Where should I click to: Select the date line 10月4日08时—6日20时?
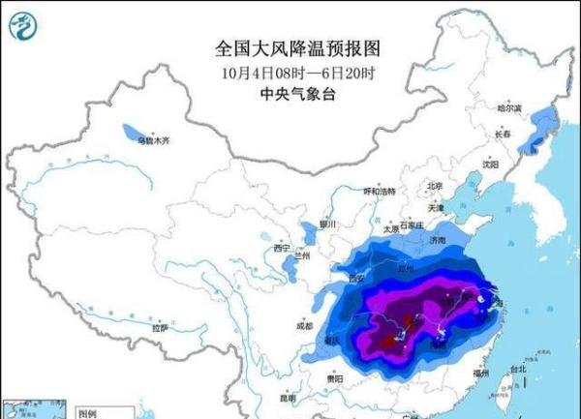coord(290,72)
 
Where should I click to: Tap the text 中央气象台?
coord(290,94)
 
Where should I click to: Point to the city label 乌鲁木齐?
coord(152,141)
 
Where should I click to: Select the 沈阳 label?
coord(491,165)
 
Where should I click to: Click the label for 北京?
coord(435,186)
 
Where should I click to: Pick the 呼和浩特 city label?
coord(379,192)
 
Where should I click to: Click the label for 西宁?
coord(282,249)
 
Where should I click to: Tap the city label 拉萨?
coord(160,329)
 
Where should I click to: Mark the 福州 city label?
coord(479,372)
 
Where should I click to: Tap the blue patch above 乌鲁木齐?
coord(129,130)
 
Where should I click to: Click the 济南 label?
coord(440,239)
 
